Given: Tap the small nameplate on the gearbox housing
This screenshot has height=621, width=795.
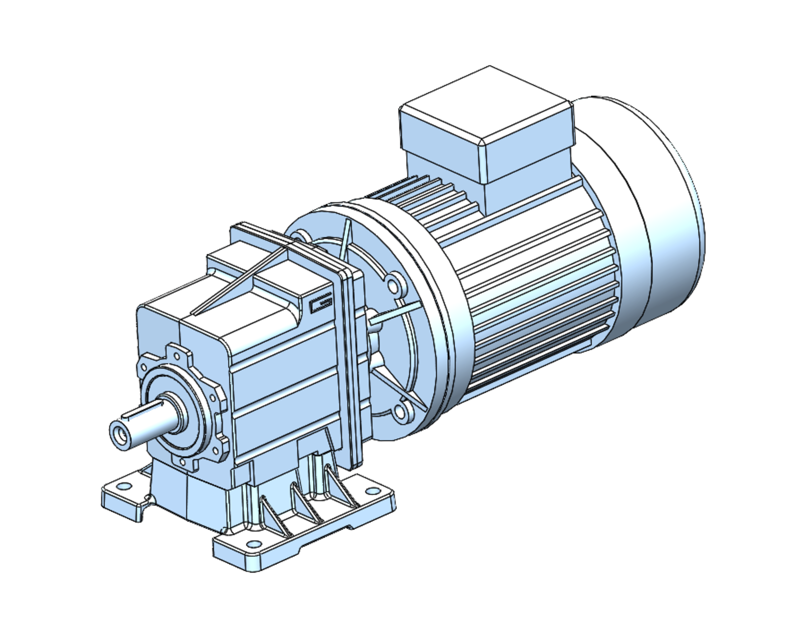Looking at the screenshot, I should [x=320, y=303].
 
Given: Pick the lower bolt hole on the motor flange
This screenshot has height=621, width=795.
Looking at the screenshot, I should [x=401, y=412].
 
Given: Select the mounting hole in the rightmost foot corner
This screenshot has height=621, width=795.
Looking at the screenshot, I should [x=372, y=491].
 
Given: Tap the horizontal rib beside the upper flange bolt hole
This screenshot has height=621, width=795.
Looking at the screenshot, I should [x=393, y=315].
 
